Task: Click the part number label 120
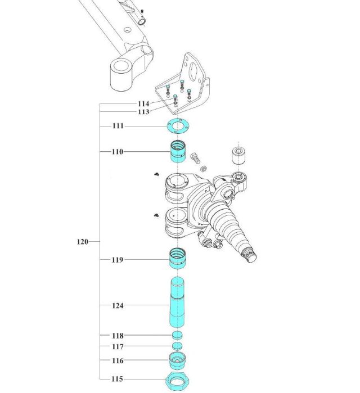(82, 242)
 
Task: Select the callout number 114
(143, 104)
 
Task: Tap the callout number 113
(143, 112)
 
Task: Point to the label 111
(117, 127)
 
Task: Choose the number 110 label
(117, 152)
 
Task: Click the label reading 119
(117, 260)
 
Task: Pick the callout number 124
(117, 306)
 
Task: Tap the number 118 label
(117, 336)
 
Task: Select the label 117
(117, 347)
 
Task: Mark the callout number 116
(117, 361)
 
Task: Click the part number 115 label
(117, 379)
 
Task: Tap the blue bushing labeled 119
(178, 260)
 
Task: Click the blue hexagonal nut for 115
(178, 381)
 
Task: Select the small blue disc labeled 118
(178, 336)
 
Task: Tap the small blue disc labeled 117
(178, 346)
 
